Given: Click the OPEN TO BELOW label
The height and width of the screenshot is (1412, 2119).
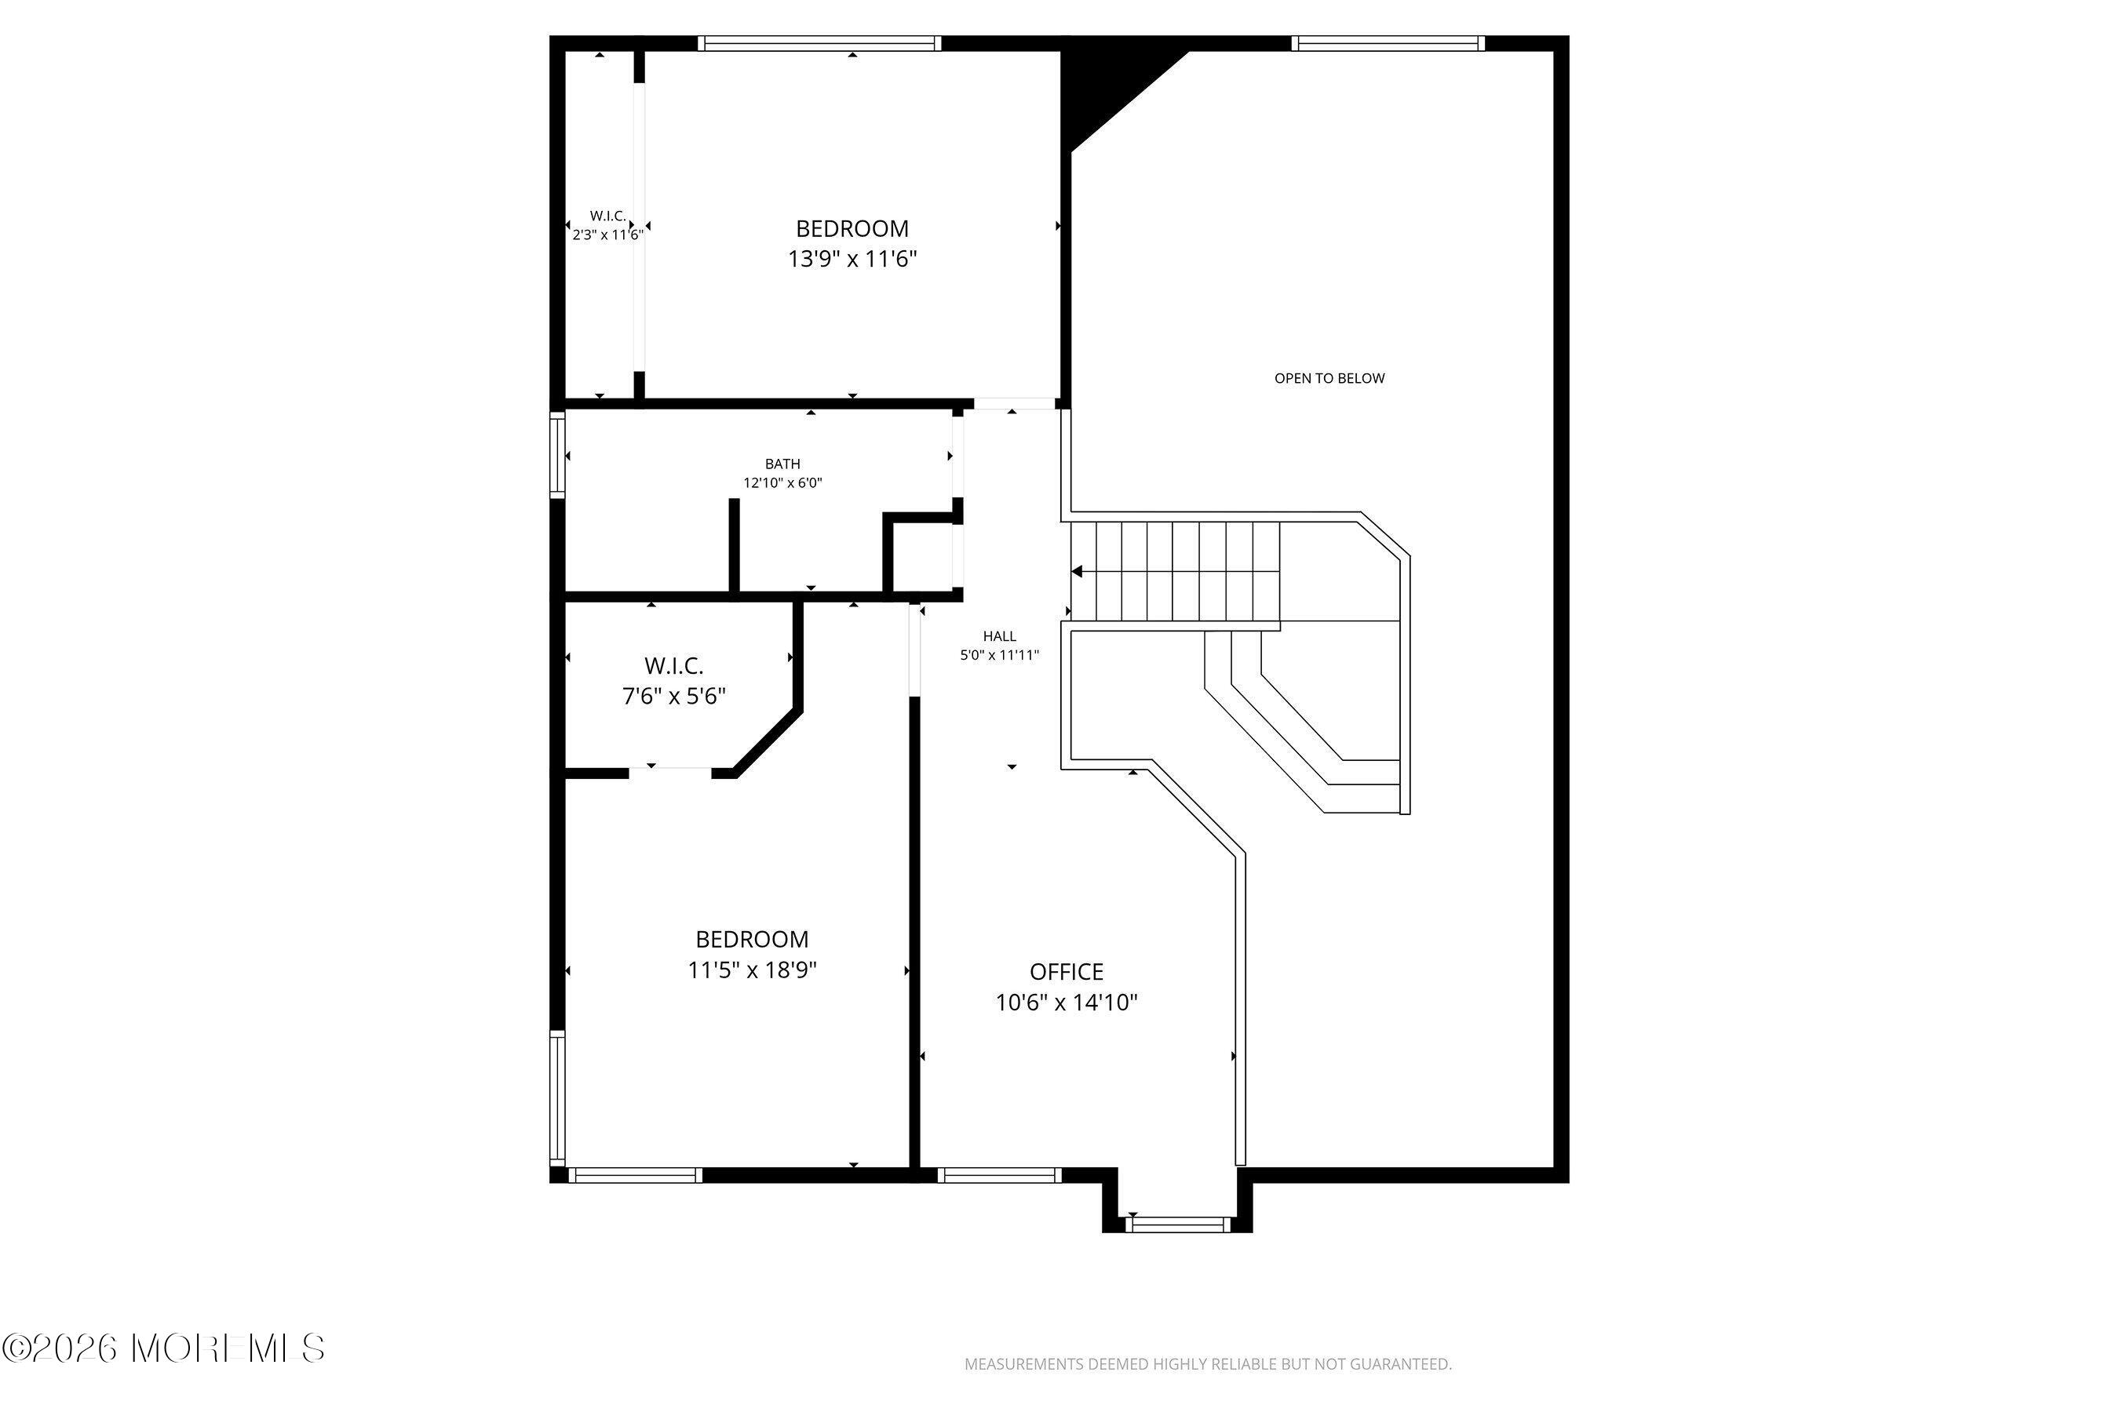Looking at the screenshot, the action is pyautogui.click(x=1329, y=378).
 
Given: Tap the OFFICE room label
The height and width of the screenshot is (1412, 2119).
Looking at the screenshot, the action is pyautogui.click(x=1067, y=972).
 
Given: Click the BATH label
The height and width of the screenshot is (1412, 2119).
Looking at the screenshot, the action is pyautogui.click(x=782, y=464).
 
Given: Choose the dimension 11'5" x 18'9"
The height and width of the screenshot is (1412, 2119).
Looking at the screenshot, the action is pyautogui.click(x=753, y=970).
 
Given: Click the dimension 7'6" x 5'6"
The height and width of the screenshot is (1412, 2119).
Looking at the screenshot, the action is pyautogui.click(x=674, y=696).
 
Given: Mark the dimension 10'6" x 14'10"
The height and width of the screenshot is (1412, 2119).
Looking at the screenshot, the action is pyautogui.click(x=1067, y=1003).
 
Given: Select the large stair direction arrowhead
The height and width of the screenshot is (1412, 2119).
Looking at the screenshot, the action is pyautogui.click(x=1077, y=572).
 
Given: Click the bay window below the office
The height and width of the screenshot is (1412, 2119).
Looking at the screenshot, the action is pyautogui.click(x=1177, y=1224).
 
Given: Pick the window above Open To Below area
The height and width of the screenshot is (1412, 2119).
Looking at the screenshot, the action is pyautogui.click(x=1388, y=43).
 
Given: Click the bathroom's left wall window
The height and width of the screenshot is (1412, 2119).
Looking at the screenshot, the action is pyautogui.click(x=558, y=455).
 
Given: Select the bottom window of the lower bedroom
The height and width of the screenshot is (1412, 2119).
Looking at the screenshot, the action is pyautogui.click(x=635, y=1174).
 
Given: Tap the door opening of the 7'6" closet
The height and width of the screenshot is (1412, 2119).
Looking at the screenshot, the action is pyautogui.click(x=670, y=771).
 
